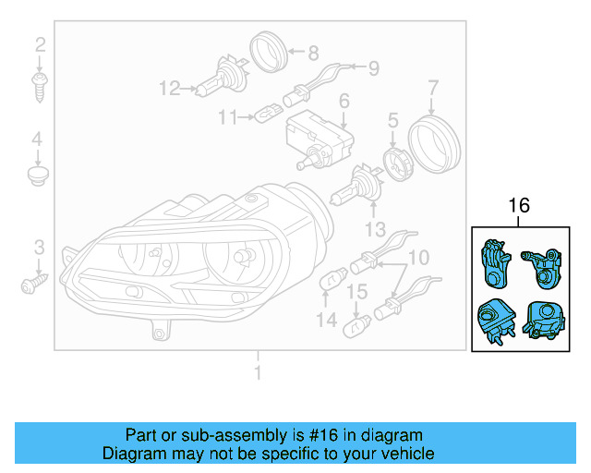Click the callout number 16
[x=520, y=205]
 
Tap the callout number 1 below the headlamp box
[x=259, y=373]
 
